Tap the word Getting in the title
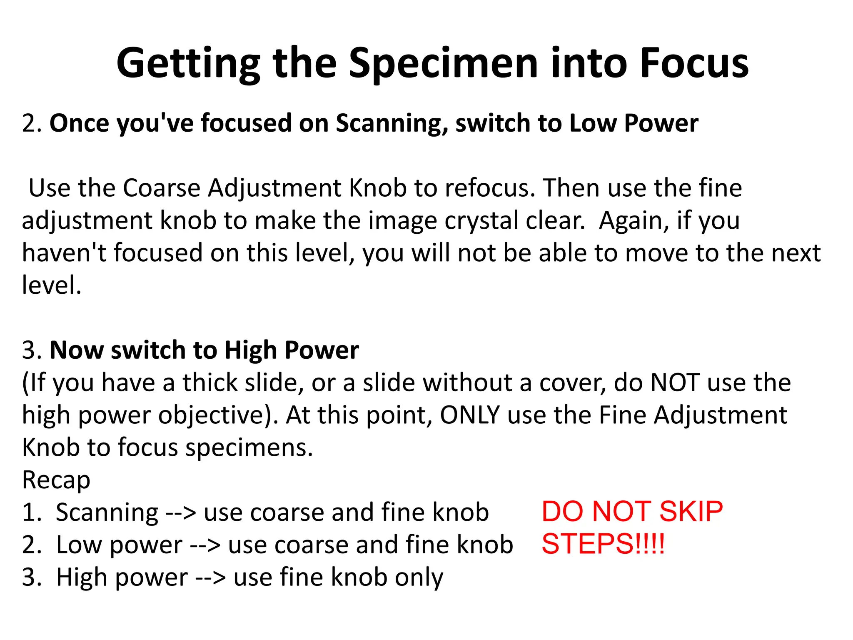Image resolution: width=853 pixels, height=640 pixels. (188, 63)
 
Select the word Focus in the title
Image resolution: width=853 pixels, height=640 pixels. (694, 63)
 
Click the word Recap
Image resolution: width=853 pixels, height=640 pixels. (56, 480)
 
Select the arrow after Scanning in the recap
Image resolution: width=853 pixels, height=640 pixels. (180, 513)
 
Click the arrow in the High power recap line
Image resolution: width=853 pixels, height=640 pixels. (210, 578)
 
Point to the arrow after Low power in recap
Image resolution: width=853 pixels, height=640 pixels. (205, 545)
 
